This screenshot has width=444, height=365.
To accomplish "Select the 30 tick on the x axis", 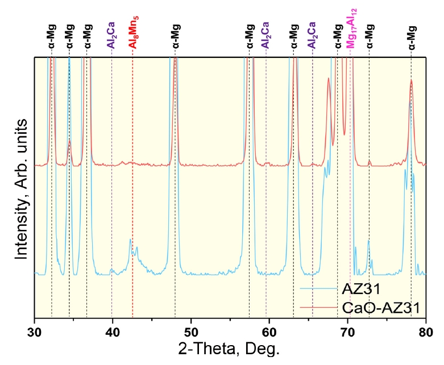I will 35,329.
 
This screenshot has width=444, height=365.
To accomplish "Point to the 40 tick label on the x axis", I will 113,329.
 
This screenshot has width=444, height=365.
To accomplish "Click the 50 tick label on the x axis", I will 191,329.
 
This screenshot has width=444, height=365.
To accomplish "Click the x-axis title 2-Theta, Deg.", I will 230,347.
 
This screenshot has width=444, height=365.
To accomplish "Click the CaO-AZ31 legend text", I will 381,308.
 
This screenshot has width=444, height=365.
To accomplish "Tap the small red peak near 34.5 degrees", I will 69,141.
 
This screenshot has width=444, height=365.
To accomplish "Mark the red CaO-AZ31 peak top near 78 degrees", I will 411,81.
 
